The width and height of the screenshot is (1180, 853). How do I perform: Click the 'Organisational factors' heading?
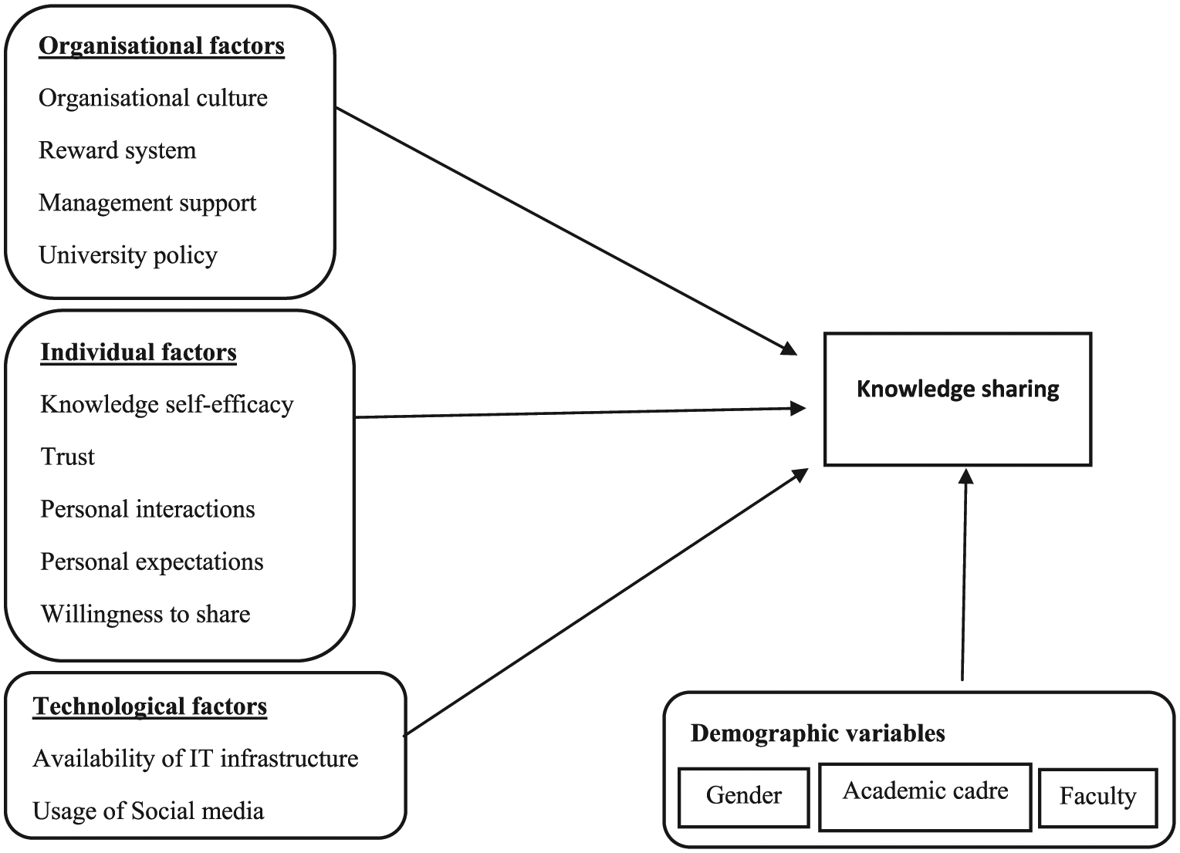click(x=162, y=46)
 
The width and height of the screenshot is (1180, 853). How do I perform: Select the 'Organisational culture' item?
click(x=153, y=98)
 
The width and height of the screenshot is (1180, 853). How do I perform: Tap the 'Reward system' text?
click(x=117, y=150)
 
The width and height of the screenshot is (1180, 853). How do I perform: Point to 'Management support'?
click(x=147, y=204)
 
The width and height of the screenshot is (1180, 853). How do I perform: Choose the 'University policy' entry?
click(x=128, y=256)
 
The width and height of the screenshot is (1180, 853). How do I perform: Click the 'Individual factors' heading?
click(x=139, y=352)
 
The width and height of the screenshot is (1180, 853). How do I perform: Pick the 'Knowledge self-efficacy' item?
click(x=167, y=405)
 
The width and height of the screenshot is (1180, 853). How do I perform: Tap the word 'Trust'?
click(x=67, y=457)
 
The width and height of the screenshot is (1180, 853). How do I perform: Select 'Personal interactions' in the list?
click(x=147, y=510)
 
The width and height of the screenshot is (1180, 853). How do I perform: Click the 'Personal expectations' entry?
click(x=152, y=562)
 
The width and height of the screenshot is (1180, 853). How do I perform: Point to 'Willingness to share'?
click(x=145, y=615)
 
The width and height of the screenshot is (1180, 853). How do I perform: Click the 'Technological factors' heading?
click(x=150, y=706)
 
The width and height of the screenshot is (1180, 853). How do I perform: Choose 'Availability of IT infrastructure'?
click(x=195, y=759)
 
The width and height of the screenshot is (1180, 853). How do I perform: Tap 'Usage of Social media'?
click(x=148, y=811)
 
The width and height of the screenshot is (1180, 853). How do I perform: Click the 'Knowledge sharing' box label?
click(x=958, y=389)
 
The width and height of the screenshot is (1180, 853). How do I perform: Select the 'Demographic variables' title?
click(x=817, y=733)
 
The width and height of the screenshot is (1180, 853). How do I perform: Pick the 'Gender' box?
click(x=744, y=797)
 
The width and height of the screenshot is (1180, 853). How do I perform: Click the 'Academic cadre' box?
click(x=925, y=797)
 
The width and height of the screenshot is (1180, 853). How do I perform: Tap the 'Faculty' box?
click(x=1098, y=797)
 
